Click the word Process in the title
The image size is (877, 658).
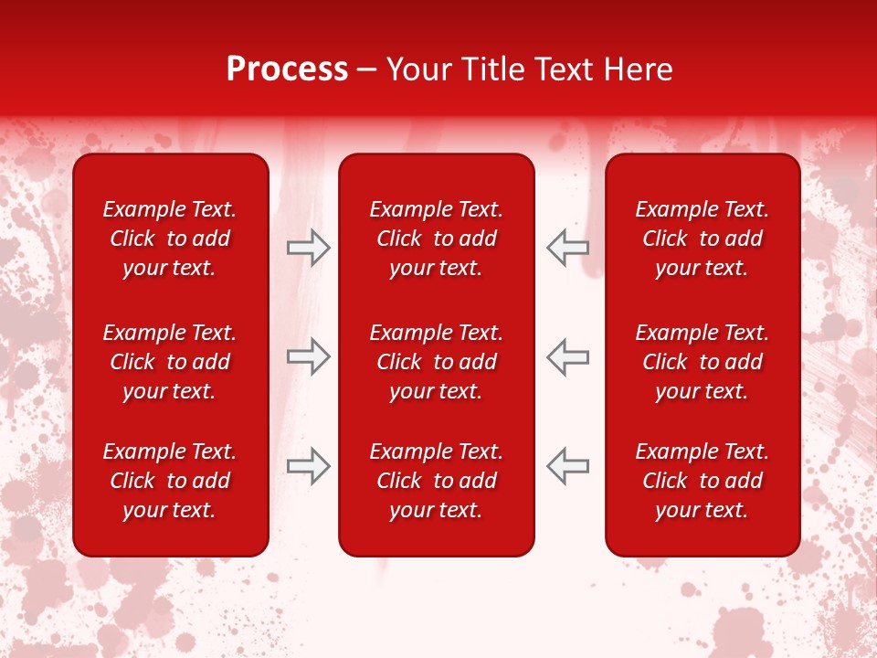point(287,69)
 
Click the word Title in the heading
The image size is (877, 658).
point(489,69)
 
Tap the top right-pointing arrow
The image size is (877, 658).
point(308,248)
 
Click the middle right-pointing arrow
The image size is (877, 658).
point(308,356)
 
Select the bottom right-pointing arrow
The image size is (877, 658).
point(308,466)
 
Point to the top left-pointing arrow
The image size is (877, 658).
point(568,248)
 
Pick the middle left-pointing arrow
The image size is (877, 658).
point(568,356)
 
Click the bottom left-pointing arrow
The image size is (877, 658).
point(568,466)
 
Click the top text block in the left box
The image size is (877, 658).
point(170,239)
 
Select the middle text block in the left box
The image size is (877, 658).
point(170,362)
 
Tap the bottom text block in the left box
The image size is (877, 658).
point(170,481)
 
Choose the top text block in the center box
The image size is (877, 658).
point(436,239)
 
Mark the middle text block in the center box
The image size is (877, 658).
point(436,362)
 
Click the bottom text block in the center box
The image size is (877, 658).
point(436,481)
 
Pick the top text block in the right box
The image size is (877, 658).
point(702,239)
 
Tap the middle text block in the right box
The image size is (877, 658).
point(702,362)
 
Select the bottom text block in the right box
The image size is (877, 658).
point(702,481)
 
